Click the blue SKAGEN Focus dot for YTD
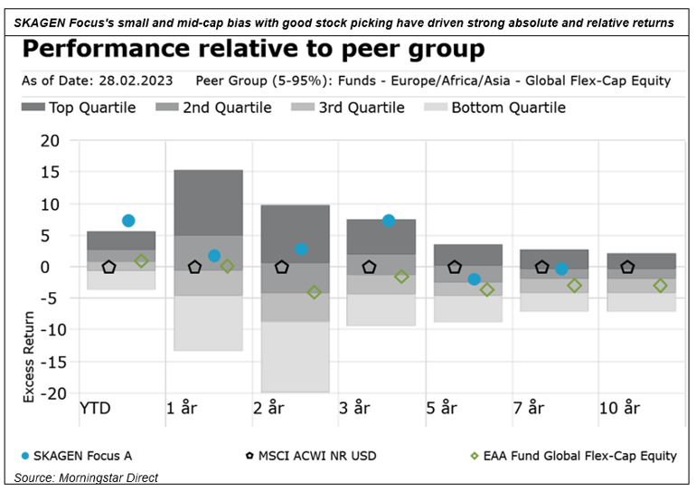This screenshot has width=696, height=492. click(128, 221)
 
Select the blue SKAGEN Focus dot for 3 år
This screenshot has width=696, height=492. click(389, 221)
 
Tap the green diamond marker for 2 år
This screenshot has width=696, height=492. click(314, 292)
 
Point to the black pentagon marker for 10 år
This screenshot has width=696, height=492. click(627, 267)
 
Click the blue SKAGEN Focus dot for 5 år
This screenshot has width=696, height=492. click(475, 279)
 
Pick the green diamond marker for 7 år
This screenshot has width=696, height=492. click(574, 286)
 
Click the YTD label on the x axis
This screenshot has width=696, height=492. click(97, 408)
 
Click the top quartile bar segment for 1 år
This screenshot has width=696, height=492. click(208, 202)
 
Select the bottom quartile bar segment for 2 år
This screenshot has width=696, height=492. click(296, 356)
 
